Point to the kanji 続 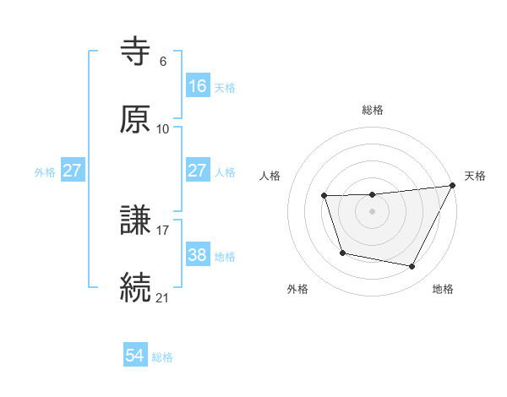coord(135,287)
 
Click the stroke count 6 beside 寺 coord(163,61)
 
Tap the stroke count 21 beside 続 coord(163,297)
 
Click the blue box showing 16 coord(197,85)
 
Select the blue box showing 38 coord(197,254)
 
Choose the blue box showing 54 coord(135,356)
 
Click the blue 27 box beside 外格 coord(73,171)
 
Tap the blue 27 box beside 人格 coord(197,171)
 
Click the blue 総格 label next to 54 coord(162,357)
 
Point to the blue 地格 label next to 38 coord(225,256)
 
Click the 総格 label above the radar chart coord(373,110)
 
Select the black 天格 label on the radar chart coord(475,176)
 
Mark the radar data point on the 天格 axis coord(453,186)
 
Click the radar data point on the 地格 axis coord(412,266)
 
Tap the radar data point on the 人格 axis coord(324,196)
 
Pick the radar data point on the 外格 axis coord(342,253)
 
